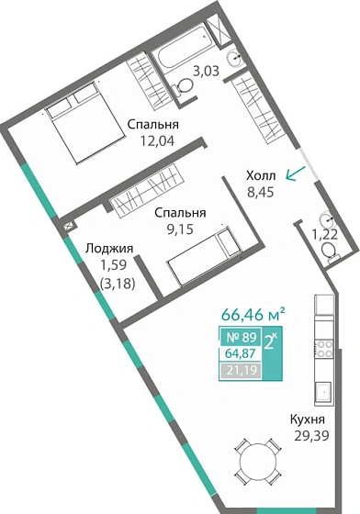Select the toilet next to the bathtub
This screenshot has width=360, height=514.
coord(184,84)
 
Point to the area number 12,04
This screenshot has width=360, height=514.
coord(153,142)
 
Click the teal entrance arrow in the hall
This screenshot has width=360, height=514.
coord(296,172)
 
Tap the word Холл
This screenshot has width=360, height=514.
coord(262,176)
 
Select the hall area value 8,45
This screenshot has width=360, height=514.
coord(262,193)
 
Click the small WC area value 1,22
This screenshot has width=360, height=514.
coord(323,235)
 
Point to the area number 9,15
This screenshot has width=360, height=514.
coord(179,229)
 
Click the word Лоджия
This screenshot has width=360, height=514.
coord(109,248)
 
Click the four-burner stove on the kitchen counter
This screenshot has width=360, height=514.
coord(323,348)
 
